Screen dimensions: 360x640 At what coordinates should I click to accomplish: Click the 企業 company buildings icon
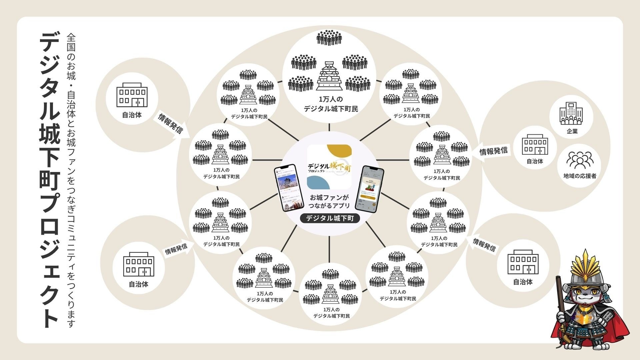pos(571,113)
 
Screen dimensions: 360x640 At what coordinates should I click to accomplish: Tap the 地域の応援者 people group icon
pos(580,160)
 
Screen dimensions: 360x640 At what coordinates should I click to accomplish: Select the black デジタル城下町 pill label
pos(329,218)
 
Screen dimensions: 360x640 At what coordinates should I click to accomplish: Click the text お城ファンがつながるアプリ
pos(329,201)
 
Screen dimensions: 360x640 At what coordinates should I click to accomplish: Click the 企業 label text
pos(572,131)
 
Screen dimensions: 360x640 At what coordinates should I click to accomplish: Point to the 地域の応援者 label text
pos(580,176)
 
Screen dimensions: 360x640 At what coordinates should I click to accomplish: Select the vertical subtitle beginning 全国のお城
pos(71,180)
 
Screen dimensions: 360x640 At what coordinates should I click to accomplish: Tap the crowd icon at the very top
pos(329,38)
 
